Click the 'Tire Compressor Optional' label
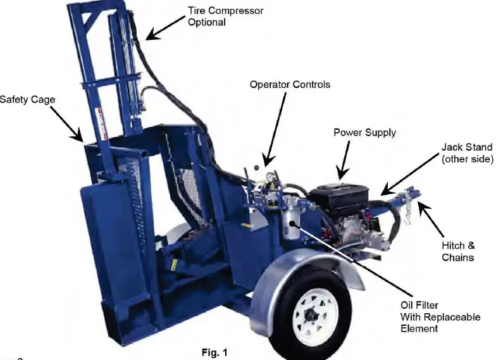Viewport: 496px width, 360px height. [225, 16]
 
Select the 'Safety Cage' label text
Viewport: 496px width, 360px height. [27, 99]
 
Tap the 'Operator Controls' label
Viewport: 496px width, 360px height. [290, 84]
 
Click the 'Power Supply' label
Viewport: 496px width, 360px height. [364, 132]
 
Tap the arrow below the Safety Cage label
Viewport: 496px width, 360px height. [66, 124]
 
